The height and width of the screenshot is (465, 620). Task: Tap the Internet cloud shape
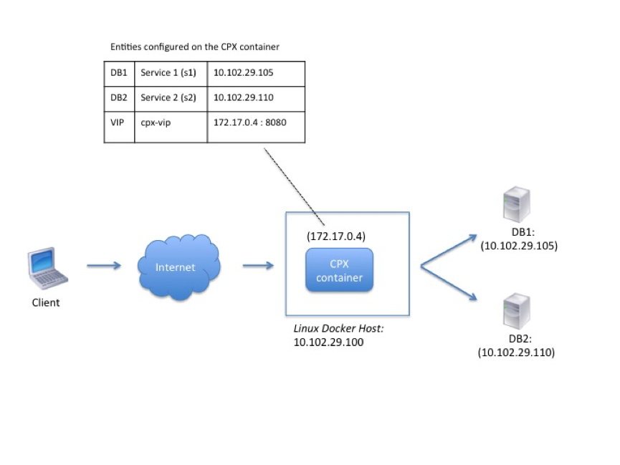178,267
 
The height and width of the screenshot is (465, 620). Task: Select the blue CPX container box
339,270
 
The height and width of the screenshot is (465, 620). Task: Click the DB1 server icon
516,204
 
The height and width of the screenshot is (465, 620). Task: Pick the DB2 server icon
516,311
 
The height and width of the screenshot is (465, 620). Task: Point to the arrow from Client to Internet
104,265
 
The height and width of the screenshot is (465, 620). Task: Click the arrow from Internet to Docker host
258,265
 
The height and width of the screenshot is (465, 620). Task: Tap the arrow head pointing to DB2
472,296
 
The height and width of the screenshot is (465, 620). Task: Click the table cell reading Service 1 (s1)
171,74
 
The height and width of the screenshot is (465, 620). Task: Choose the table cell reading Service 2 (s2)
171,99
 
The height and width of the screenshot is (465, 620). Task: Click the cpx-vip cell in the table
171,127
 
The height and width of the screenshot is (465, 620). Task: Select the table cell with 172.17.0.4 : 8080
256,127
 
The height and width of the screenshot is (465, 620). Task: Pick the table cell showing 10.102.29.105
256,74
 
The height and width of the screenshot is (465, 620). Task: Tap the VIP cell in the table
119,127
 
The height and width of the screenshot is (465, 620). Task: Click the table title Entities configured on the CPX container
194,47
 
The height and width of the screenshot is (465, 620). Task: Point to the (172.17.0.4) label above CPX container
336,236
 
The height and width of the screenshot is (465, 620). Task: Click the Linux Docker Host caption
338,329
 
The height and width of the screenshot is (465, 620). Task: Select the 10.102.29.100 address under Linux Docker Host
328,342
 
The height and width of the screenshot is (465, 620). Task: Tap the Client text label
46,303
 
